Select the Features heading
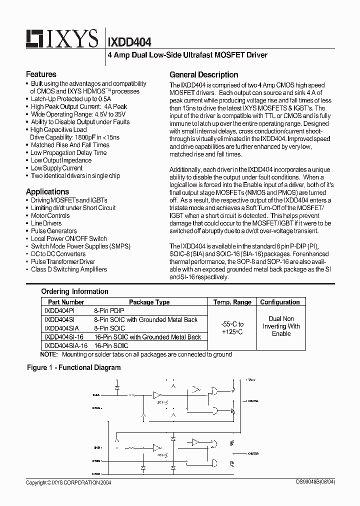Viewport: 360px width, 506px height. pyautogui.click(x=41, y=74)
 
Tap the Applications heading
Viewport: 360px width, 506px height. pyautogui.click(x=47, y=191)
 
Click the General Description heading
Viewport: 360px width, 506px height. pyautogui.click(x=203, y=74)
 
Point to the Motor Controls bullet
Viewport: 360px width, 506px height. pyautogui.click(x=50, y=215)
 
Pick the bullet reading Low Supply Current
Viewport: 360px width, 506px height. pyautogui.click(x=56, y=168)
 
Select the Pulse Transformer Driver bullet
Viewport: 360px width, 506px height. pyautogui.click(x=63, y=261)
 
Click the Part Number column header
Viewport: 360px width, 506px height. pyautogui.click(x=66, y=302)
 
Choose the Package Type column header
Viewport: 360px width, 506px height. pyautogui.click(x=149, y=302)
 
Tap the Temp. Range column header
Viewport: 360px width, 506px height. pyautogui.click(x=232, y=302)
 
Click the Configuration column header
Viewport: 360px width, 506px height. pyautogui.click(x=280, y=302)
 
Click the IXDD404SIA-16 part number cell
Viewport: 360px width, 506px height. pyautogui.click(x=65, y=345)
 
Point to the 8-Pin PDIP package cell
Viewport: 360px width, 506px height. pyautogui.click(x=109, y=310)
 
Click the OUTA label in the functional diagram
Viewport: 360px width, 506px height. pyautogui.click(x=252, y=400)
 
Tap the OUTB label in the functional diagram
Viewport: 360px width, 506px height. pyautogui.click(x=252, y=454)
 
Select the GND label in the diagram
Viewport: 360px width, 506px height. pyautogui.click(x=95, y=473)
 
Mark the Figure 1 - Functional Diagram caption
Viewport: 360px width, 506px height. pyautogui.click(x=73, y=367)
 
